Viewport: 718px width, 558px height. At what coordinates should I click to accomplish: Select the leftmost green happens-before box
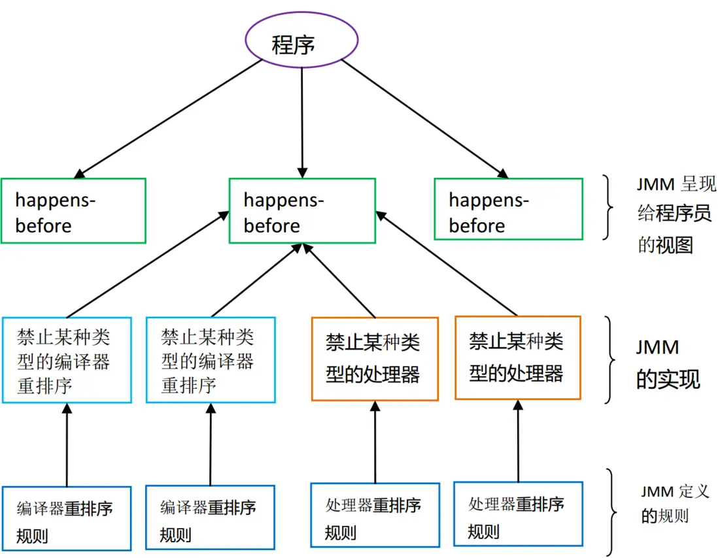(73, 211)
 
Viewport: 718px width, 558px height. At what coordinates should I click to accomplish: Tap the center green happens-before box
(302, 211)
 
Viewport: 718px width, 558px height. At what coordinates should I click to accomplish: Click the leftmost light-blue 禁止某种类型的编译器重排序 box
(67, 360)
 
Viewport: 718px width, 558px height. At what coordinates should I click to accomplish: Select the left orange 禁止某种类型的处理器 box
(375, 359)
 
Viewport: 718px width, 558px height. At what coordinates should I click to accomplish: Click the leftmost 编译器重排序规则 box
(66, 517)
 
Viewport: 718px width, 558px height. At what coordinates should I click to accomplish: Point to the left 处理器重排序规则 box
(375, 515)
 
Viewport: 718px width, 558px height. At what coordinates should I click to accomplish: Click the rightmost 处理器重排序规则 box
(518, 514)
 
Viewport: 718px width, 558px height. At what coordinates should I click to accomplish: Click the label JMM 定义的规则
(674, 503)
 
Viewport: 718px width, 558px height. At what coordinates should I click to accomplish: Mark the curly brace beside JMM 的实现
(612, 359)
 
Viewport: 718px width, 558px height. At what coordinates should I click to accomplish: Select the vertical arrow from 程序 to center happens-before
(301, 118)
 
